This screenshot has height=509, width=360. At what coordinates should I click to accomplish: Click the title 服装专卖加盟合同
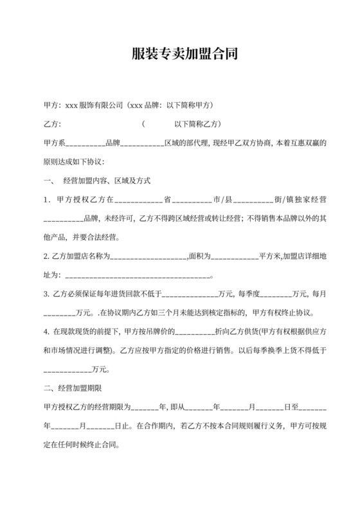click(x=179, y=54)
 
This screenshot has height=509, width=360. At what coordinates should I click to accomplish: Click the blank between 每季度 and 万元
click(x=277, y=294)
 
